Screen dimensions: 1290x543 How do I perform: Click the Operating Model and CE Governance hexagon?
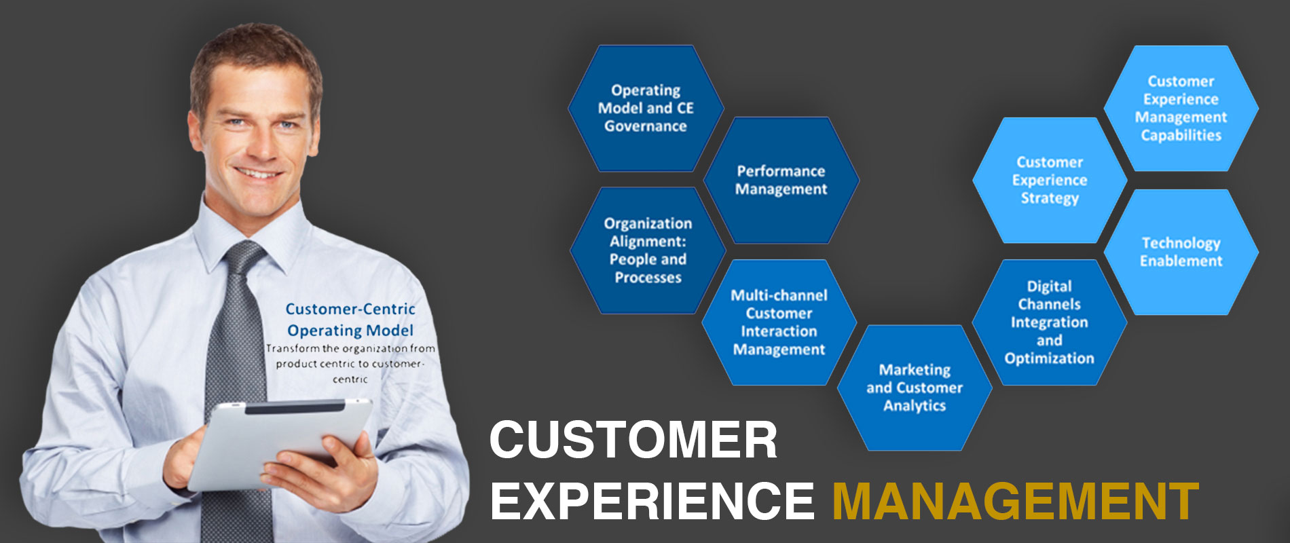point(646,109)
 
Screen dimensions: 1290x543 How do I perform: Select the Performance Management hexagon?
point(781,181)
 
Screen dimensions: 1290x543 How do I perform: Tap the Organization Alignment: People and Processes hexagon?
point(648,250)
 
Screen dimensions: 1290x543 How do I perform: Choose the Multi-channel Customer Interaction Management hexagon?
point(779,322)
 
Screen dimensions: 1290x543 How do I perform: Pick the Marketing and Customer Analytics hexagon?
point(915,388)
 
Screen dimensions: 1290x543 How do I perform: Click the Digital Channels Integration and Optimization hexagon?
point(1050,322)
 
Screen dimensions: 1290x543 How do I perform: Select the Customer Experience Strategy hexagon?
point(1050,181)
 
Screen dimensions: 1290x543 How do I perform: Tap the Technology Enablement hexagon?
point(1181,252)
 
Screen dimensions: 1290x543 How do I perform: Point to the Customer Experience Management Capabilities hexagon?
point(1181,109)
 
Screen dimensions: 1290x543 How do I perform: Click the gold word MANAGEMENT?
point(1015,502)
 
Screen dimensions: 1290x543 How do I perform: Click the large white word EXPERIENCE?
point(652,502)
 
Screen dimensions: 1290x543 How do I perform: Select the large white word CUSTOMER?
point(633,440)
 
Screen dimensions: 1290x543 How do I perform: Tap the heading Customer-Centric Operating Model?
point(350,320)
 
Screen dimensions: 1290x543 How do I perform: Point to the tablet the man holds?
point(280,443)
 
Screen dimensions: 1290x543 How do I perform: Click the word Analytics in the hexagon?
point(915,406)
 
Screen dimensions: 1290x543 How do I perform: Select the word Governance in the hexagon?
point(646,126)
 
